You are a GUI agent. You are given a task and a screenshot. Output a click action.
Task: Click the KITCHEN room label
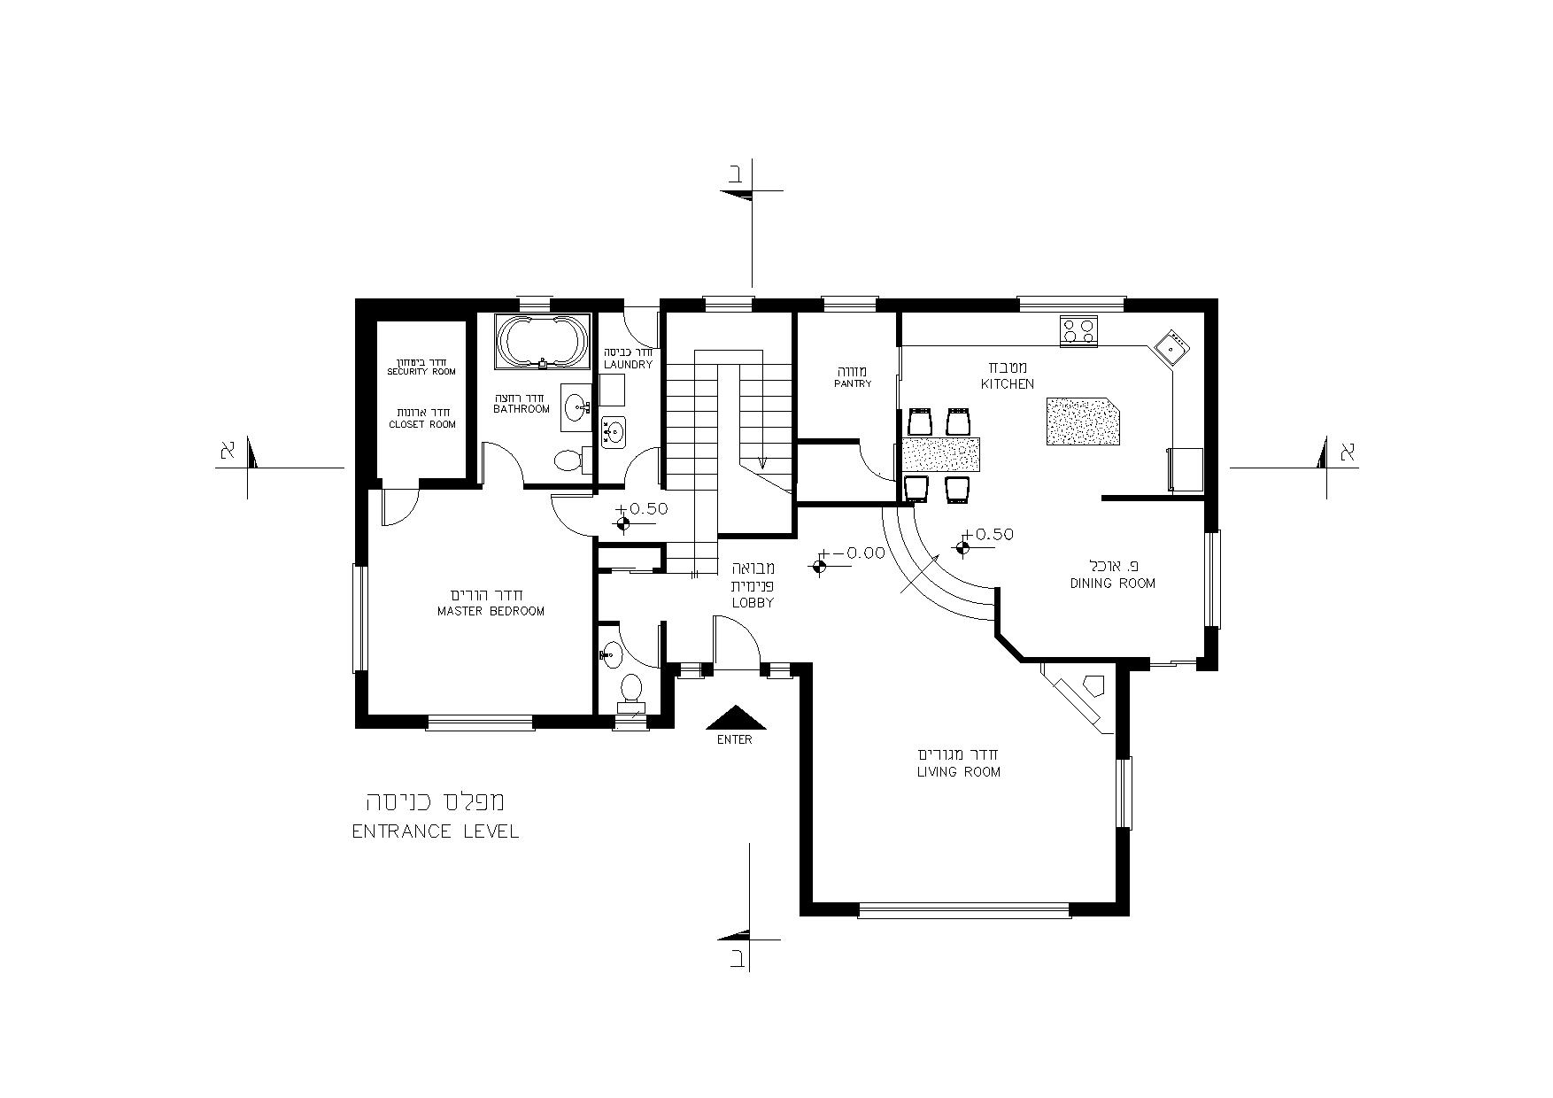click(x=1007, y=384)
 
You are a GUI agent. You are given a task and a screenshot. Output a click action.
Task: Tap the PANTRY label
click(x=853, y=384)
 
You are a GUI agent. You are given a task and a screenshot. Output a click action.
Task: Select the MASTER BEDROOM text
click(x=491, y=612)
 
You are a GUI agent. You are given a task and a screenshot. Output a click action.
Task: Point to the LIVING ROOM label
click(x=959, y=772)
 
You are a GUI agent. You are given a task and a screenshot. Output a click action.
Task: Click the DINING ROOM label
click(x=1113, y=584)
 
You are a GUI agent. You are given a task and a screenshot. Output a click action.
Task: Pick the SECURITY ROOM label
click(x=421, y=372)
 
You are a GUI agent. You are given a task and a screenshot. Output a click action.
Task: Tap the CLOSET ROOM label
click(x=422, y=425)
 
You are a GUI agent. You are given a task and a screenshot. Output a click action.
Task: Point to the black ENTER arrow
click(x=735, y=717)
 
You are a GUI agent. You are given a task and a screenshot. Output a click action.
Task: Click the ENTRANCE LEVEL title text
click(x=436, y=832)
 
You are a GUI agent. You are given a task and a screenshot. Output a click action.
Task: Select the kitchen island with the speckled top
click(x=1085, y=421)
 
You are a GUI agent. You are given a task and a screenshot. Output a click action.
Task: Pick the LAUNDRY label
click(x=628, y=365)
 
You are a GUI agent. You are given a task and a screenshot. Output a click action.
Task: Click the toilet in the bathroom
click(x=568, y=460)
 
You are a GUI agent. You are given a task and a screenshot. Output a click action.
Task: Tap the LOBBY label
click(x=753, y=603)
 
